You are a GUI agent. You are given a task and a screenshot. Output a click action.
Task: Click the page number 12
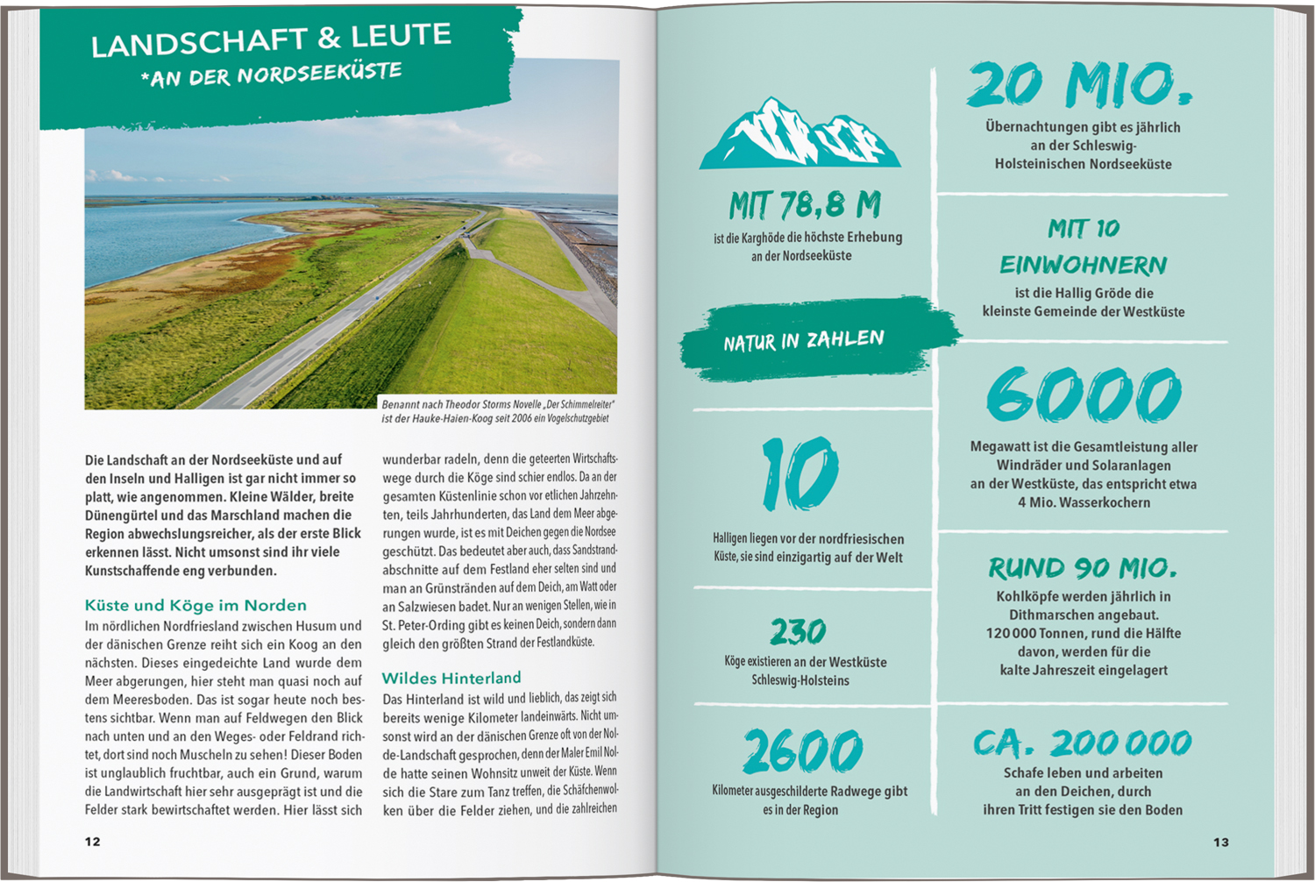[x=93, y=842]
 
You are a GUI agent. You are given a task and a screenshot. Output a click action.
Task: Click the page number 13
[x=1221, y=842]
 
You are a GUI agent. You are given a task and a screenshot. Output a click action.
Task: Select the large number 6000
[x=1084, y=395]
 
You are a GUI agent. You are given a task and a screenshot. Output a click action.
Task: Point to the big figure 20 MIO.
[x=1080, y=86]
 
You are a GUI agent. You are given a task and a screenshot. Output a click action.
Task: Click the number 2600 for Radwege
[x=802, y=751]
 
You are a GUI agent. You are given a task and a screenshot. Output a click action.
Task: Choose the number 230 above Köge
[x=798, y=631]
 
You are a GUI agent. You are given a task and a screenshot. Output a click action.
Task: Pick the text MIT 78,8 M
[x=804, y=206]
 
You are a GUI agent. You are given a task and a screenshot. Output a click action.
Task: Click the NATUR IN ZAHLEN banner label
[x=804, y=340]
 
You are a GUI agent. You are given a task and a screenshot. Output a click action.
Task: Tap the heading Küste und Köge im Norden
[x=195, y=605]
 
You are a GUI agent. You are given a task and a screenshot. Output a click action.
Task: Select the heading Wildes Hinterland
[x=451, y=678]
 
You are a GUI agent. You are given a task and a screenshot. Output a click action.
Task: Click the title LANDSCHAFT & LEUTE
[x=272, y=39]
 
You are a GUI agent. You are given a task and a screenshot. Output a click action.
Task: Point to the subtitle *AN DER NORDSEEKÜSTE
[x=271, y=75]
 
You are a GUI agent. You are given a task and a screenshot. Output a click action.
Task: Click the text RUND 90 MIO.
[x=1083, y=568]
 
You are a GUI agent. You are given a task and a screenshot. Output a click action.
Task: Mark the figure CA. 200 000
[x=1083, y=744]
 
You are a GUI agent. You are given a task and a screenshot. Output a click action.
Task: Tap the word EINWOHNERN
[x=1084, y=265]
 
